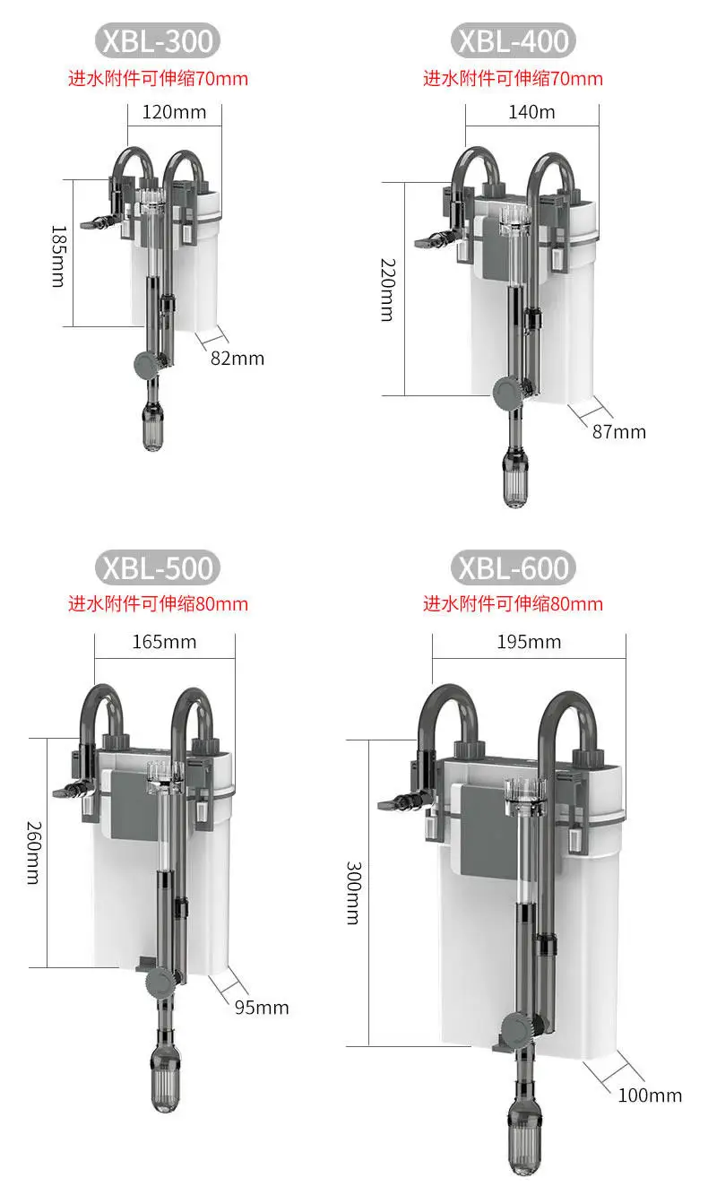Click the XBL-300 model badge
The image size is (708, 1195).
pos(158,41)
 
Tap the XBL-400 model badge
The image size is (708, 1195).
pos(513,41)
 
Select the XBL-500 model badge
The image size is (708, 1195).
pos(158,568)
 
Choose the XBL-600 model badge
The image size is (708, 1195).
pos(513,568)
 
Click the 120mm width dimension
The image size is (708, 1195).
pos(174,113)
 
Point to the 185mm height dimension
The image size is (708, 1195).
pos(57,256)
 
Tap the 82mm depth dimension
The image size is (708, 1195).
pos(237,359)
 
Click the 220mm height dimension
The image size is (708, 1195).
pos(386,290)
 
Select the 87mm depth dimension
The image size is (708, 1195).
pos(618,432)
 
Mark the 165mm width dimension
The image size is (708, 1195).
pos(165,642)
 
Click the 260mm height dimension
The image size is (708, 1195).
pos(32,852)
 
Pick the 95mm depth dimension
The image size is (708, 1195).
pos(262,1008)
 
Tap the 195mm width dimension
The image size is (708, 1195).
pos(530,642)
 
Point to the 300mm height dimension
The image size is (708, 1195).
pos(352,893)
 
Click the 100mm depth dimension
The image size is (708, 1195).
pos(650,1095)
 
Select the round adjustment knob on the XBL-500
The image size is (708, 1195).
pos(160,983)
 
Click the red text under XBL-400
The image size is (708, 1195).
pos(513,79)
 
